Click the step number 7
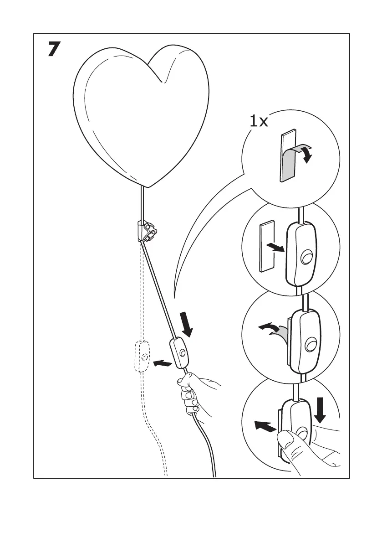point(54,50)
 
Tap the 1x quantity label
point(259,121)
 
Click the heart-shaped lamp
point(141,114)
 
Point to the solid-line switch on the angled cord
point(179,353)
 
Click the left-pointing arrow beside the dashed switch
point(163,363)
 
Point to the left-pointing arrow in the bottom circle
point(265,426)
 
